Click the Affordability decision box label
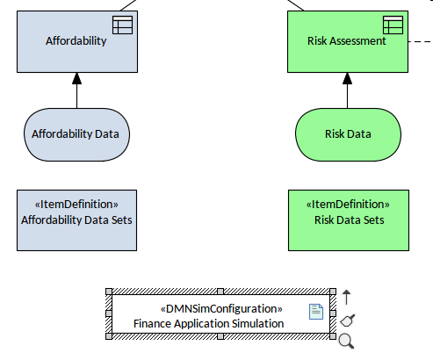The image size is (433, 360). (76, 41)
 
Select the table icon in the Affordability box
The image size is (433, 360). (122, 25)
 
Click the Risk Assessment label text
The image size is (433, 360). (347, 41)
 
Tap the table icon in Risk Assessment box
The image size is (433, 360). (393, 25)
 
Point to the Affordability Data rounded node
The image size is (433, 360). (76, 134)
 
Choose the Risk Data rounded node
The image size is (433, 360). (348, 134)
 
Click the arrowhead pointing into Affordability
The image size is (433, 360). (77, 78)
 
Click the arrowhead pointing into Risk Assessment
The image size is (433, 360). (348, 78)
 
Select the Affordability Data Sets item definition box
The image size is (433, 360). (76, 220)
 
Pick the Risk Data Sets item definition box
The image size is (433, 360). (349, 220)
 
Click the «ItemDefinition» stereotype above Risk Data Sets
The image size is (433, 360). (348, 205)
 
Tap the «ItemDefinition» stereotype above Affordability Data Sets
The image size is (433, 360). (76, 205)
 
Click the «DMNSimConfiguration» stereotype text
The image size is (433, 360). (221, 309)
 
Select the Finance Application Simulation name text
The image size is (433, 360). (209, 324)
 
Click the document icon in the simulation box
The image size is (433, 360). (316, 312)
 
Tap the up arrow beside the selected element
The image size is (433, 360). (347, 297)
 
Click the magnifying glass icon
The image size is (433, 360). (346, 341)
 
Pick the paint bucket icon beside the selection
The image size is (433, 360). (348, 320)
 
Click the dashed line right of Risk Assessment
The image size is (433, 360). (421, 41)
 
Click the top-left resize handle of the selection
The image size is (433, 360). (109, 292)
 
